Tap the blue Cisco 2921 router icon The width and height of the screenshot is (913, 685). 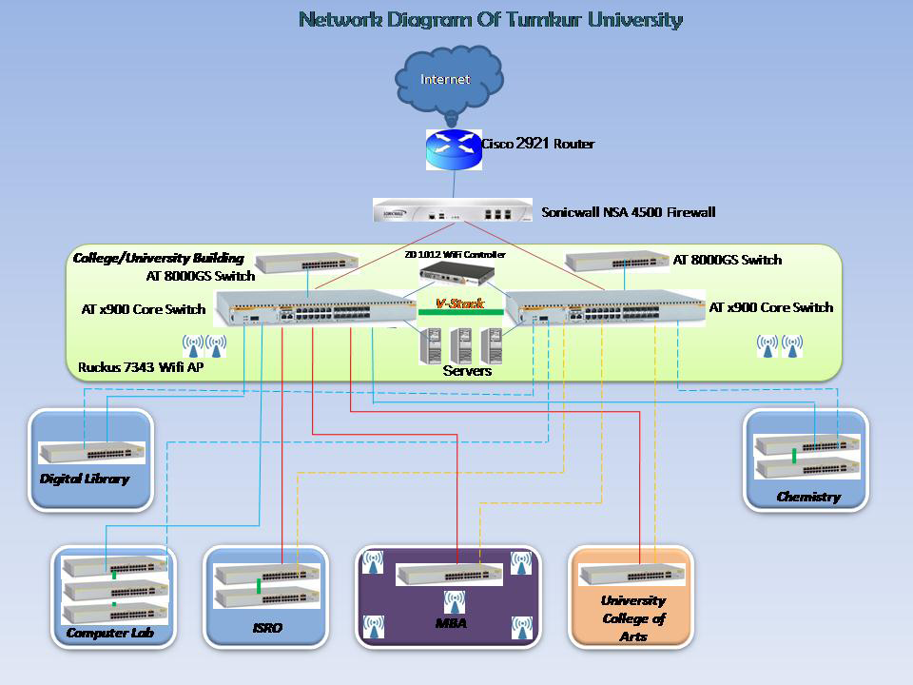click(x=455, y=148)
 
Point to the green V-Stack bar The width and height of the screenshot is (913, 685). click(x=460, y=312)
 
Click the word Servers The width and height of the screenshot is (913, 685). click(x=467, y=371)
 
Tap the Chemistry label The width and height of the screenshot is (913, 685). click(x=808, y=497)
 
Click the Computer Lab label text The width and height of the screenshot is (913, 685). click(x=110, y=633)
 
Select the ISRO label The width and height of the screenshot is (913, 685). click(x=267, y=628)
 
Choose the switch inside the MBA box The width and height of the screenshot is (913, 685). click(x=449, y=575)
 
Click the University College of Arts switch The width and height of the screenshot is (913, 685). click(x=632, y=575)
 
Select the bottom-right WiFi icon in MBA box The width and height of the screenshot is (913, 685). click(x=521, y=626)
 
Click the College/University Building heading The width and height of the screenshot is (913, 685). click(x=159, y=258)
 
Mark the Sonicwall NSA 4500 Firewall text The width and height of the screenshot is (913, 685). click(x=628, y=212)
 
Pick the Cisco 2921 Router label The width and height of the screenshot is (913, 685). click(x=538, y=144)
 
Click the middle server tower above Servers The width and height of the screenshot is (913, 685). click(x=461, y=344)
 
